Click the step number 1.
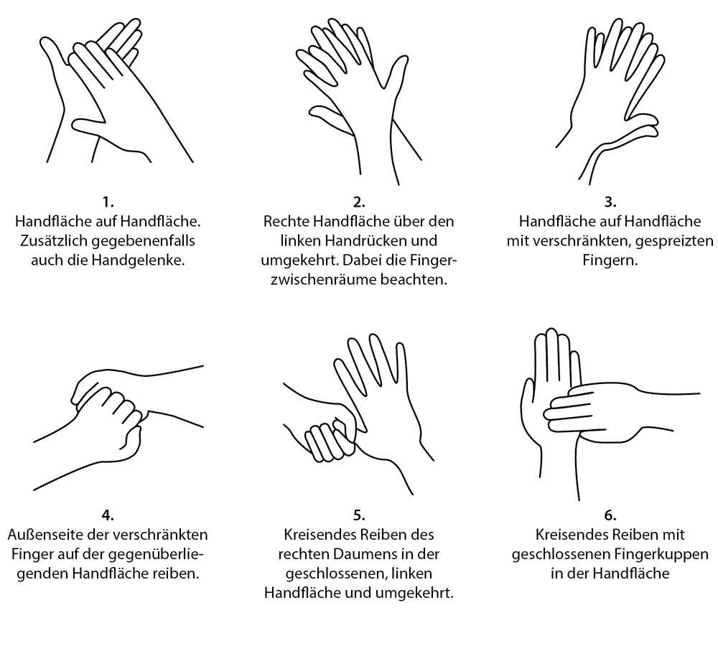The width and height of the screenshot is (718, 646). pos(108,202)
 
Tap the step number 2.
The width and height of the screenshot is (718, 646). pos(359,202)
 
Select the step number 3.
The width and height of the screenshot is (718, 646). pos(610,202)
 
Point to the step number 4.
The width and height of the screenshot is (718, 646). pos(108,515)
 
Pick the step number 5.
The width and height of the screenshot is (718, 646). pos(359,515)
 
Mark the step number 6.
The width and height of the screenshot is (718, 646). pos(610,515)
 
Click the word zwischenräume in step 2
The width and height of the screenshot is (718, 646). pos(323,280)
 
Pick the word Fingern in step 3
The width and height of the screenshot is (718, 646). pos(610,261)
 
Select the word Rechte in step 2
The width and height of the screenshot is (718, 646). pos(286,222)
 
